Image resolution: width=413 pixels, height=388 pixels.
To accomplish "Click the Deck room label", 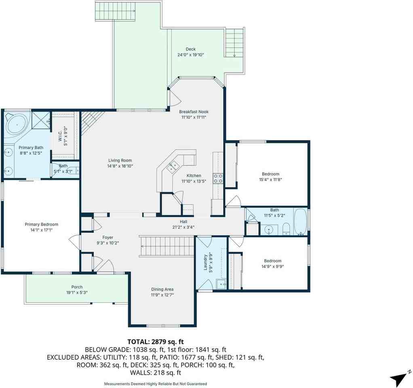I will [190, 49].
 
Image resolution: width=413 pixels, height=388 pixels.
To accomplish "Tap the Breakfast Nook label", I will [194, 112].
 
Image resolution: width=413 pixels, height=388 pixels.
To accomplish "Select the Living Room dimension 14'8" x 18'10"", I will [120, 166].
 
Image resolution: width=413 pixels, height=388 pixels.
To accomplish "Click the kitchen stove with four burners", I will [218, 178].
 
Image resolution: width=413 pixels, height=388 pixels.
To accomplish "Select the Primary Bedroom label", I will [41, 224].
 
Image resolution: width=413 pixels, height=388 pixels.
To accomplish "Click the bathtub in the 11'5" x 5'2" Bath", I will [300, 221].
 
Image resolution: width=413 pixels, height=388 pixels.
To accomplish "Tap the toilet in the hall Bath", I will [286, 228].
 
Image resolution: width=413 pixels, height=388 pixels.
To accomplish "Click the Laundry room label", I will [206, 264].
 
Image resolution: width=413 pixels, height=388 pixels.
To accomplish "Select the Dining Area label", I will [162, 289].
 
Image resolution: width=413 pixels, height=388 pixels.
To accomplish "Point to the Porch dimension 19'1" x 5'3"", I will [77, 293].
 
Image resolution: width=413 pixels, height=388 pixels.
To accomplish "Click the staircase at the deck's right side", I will [234, 43].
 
